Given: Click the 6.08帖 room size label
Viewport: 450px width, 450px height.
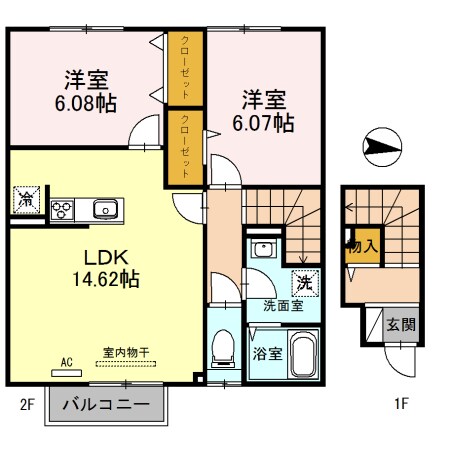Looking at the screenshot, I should click(88, 101).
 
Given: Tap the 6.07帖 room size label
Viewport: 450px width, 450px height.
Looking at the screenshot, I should click(264, 123).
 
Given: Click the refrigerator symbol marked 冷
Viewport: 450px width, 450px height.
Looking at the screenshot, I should click(25, 199).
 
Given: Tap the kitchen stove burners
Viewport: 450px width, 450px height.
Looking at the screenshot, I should click(62, 211).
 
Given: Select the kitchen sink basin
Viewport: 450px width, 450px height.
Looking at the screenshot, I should click(105, 210).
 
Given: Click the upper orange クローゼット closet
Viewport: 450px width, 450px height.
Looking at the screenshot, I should click(186, 68).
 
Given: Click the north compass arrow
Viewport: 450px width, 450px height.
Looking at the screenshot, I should click(380, 149).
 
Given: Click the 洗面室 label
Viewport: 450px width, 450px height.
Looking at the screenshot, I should click(282, 305).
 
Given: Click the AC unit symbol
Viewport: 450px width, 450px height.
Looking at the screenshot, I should click(68, 370).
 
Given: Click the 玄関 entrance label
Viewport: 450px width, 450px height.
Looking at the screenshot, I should click(402, 324).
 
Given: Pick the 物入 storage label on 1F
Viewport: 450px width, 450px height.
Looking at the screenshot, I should click(361, 246).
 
